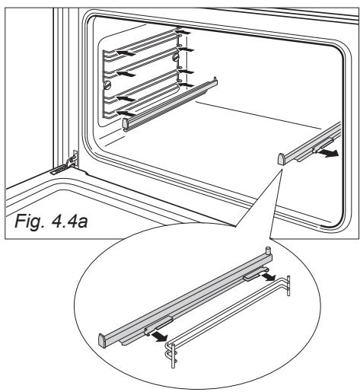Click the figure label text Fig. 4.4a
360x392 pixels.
pyautogui.click(x=51, y=221)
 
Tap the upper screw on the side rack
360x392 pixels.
pyautogui.click(x=175, y=57)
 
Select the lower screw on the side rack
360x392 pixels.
pyautogui.click(x=107, y=84)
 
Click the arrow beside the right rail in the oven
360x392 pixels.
pyautogui.click(x=328, y=153)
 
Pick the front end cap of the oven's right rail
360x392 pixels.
pyautogui.click(x=282, y=159)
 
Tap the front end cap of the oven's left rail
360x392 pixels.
pyautogui.click(x=126, y=123)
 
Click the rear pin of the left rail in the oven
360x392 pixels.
pyautogui.click(x=215, y=79)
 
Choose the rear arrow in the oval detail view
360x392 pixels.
pyautogui.click(x=268, y=276)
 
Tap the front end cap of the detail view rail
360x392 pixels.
pyautogui.click(x=102, y=340)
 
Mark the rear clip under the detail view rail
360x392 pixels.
pyautogui.click(x=255, y=274)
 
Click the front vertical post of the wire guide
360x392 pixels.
pyautogui.click(x=174, y=355)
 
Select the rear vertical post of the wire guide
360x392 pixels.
pyautogui.click(x=288, y=286)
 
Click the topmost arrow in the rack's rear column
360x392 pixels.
pyautogui.click(x=182, y=32)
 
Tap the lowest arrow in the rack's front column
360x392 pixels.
pyautogui.click(x=126, y=113)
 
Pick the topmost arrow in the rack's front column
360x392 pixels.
pyautogui.click(x=126, y=53)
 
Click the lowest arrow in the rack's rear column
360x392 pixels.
pyautogui.click(x=185, y=84)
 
